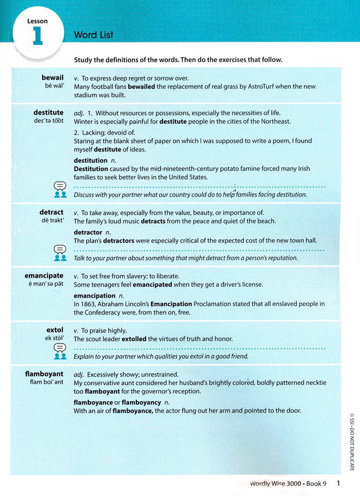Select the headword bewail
coord(52,78)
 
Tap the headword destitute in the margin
coord(48,112)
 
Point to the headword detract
coord(51,212)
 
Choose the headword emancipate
coord(44,276)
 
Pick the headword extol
coord(55,330)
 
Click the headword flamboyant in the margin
coord(45,373)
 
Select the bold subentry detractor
coord(88,233)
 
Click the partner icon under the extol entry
coord(60,355)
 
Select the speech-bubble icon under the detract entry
coord(60,249)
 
